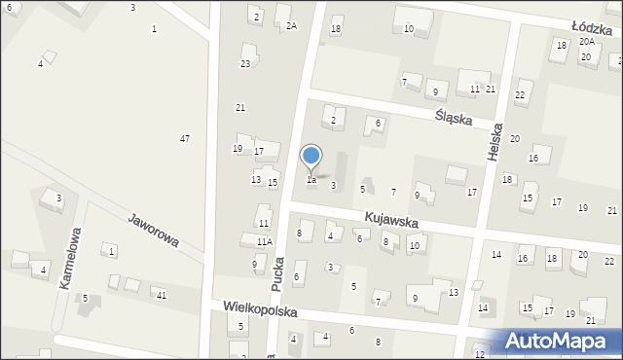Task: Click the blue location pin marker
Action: pyautogui.click(x=311, y=157)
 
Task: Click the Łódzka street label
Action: pyautogui.click(x=591, y=30)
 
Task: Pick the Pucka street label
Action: pyautogui.click(x=278, y=275)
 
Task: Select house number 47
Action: pyautogui.click(x=185, y=139)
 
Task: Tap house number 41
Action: pyautogui.click(x=162, y=295)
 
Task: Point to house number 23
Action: pyautogui.click(x=245, y=64)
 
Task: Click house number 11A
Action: pyautogui.click(x=265, y=241)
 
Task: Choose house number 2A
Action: pyautogui.click(x=291, y=26)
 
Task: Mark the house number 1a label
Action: pyautogui.click(x=311, y=180)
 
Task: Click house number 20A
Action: pyautogui.click(x=586, y=42)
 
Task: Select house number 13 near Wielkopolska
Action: pyautogui.click(x=454, y=292)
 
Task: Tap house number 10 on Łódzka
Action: pyautogui.click(x=409, y=29)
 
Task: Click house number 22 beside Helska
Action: pyautogui.click(x=520, y=94)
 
